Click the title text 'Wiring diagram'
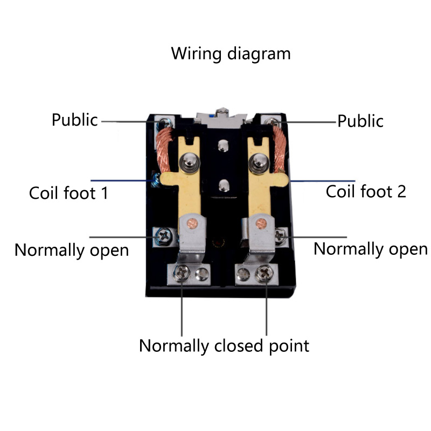[x=231, y=54]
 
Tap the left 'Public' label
[x=75, y=120]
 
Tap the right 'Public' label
[x=360, y=121]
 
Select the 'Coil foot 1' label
[x=68, y=192]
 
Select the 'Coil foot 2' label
[x=366, y=191]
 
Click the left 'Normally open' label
[x=71, y=250]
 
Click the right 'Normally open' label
[x=370, y=249]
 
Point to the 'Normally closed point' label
[x=224, y=345]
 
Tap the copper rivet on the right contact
[x=262, y=221]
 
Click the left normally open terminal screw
[x=163, y=235]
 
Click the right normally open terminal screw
[x=280, y=235]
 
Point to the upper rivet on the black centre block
[x=223, y=144]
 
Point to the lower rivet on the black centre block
[x=223, y=186]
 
